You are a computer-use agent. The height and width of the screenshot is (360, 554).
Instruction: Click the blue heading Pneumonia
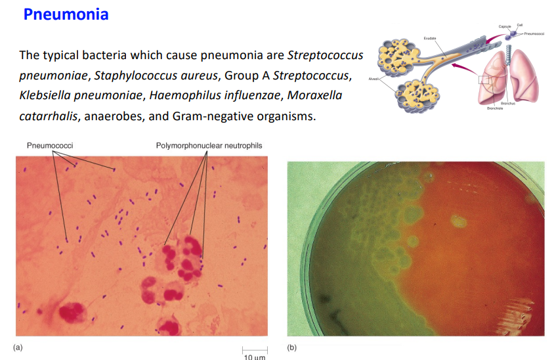click(x=66, y=14)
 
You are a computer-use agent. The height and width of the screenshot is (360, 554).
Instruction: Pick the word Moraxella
click(x=314, y=96)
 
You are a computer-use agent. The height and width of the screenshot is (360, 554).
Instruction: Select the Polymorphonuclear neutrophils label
click(x=208, y=145)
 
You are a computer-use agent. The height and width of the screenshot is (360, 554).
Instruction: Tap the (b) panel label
click(x=293, y=346)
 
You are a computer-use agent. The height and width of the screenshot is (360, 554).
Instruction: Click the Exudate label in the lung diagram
click(x=430, y=39)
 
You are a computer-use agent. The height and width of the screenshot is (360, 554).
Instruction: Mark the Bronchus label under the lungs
click(x=507, y=104)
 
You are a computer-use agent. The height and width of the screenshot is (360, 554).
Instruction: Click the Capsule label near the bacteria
click(x=504, y=26)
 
